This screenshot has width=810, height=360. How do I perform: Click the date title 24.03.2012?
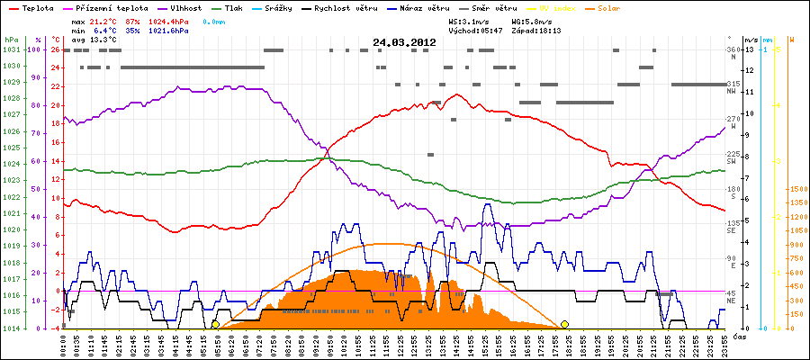coord(404,42)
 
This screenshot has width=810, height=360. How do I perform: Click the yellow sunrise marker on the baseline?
coord(215,324)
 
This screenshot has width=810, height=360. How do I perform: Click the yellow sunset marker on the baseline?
coord(564,324)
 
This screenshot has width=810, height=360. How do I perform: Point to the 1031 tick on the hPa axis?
coord(11,49)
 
